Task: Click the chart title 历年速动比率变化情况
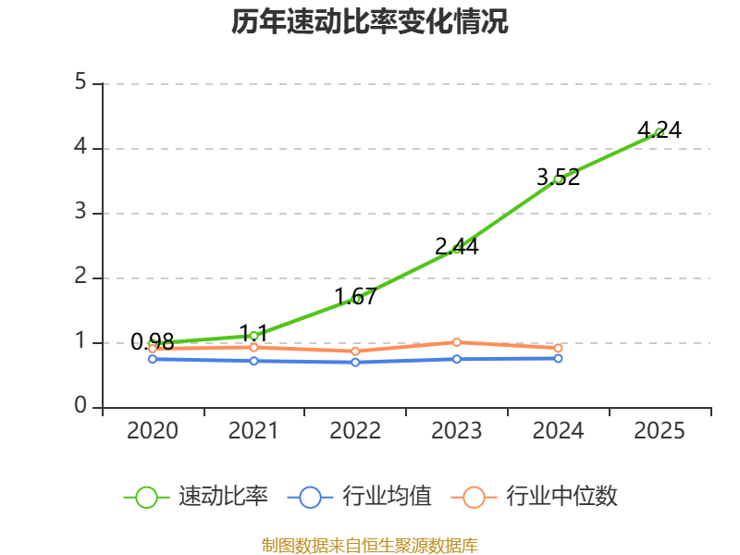369,21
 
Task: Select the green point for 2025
660,132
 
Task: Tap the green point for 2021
253,336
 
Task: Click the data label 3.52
559,177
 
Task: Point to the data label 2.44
457,246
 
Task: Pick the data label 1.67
355,296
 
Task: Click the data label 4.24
660,129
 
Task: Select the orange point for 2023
457,342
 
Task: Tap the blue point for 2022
355,363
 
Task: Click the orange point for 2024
559,349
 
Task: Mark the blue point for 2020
153,359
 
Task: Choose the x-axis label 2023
457,430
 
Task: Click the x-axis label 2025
660,430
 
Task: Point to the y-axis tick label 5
80,82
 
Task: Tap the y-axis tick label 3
80,212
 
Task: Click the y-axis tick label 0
80,405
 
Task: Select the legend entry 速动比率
196,497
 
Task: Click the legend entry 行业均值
360,497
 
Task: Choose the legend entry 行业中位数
535,497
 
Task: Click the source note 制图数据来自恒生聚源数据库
369,546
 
